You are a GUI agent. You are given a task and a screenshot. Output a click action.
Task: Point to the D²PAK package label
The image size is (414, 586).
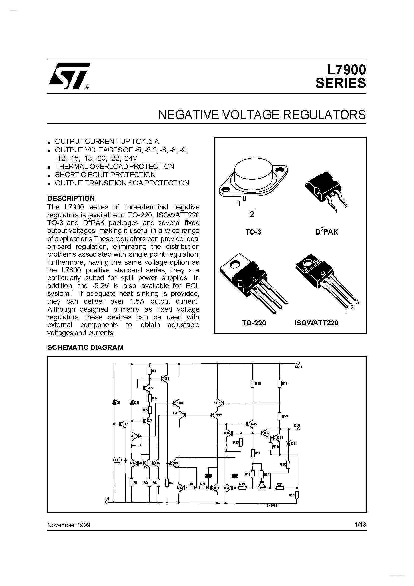click(x=327, y=232)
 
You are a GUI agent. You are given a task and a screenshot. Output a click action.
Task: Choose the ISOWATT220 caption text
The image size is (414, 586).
click(x=316, y=323)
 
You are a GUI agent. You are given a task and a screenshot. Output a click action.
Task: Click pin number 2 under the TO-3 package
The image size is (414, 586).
click(x=252, y=215)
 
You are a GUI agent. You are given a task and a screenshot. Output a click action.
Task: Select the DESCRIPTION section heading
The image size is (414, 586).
click(x=71, y=198)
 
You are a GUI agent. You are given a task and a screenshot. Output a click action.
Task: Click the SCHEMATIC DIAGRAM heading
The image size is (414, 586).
click(x=85, y=348)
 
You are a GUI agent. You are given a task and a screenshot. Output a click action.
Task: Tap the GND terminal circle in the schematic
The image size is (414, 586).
click(x=298, y=363)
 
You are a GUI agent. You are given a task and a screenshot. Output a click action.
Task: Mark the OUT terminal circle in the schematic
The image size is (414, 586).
click(x=298, y=429)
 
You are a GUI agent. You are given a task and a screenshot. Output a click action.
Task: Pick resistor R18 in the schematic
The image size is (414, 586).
click(x=252, y=383)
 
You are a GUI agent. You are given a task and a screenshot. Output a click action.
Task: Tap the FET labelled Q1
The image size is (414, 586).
click(x=117, y=460)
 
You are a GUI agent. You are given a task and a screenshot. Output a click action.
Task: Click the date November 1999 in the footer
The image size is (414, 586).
click(x=69, y=525)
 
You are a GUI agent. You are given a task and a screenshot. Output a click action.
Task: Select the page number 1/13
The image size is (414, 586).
click(x=360, y=524)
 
